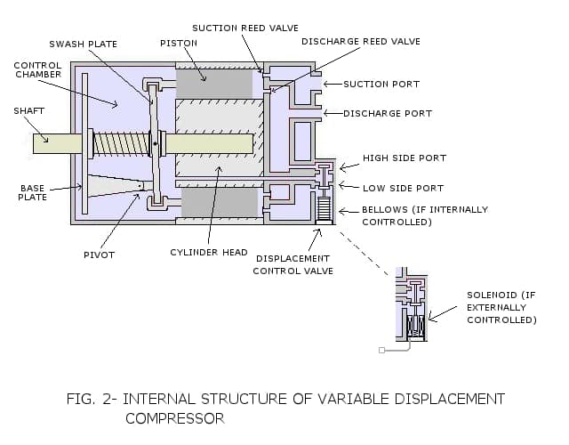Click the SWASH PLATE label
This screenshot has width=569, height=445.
point(83,44)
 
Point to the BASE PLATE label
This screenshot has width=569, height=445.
point(32,192)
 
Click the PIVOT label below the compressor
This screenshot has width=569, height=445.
point(99,255)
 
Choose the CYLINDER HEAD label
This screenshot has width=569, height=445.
point(208,253)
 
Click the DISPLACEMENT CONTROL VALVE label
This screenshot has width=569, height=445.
point(293,264)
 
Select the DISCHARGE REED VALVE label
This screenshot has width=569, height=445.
point(360,42)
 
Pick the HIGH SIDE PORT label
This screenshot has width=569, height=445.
point(404,158)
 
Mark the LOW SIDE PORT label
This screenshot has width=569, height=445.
point(403,189)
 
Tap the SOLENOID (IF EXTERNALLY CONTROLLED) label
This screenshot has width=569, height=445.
point(501,307)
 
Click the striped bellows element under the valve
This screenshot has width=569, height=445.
point(323,211)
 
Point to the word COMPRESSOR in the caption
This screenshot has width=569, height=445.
point(174,417)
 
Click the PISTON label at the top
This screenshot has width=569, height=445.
point(178,44)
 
